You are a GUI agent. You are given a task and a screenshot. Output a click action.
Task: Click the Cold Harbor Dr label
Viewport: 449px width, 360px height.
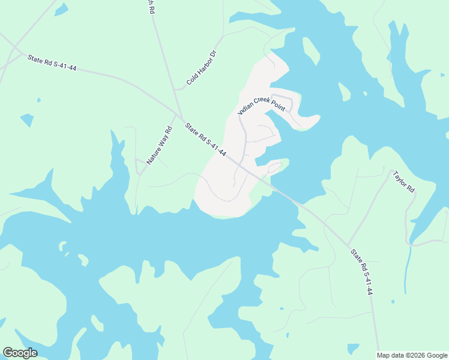[200, 67]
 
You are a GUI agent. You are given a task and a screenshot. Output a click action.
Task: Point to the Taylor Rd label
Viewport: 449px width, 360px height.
[403, 182]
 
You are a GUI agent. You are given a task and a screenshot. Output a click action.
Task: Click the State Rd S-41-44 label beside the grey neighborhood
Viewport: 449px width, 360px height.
[205, 140]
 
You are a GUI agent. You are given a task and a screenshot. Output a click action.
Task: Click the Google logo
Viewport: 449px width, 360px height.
[20, 353]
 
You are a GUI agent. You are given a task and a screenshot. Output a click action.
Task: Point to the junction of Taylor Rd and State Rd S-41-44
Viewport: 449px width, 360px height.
[348, 244]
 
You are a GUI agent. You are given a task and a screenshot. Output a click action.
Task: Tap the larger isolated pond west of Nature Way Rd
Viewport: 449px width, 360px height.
[27, 120]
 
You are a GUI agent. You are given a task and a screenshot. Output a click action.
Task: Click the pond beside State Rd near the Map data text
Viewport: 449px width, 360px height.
[353, 347]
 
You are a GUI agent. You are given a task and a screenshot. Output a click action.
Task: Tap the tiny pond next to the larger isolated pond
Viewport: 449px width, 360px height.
[39, 100]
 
